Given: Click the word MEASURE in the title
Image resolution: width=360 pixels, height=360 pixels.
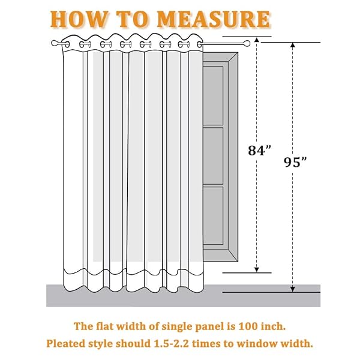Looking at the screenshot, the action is point(214,19).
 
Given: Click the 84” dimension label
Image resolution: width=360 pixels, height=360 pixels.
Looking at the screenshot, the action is point(259,151).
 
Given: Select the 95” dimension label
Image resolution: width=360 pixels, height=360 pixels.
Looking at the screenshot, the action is point(295,162).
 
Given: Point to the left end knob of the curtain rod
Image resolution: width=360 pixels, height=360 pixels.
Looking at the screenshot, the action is point(55,43).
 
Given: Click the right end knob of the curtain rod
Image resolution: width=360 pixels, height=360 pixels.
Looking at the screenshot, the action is point(247,43).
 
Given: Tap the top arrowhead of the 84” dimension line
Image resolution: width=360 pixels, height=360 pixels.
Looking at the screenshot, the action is point(257,40).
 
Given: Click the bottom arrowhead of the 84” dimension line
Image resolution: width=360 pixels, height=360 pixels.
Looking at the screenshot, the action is point(257,270).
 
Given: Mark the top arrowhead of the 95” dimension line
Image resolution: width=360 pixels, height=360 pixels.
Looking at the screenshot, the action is point(293,45).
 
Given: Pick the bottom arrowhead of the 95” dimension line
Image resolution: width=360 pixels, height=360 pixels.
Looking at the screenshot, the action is point(293,289).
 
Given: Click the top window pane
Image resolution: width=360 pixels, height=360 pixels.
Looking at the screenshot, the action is point(213,96).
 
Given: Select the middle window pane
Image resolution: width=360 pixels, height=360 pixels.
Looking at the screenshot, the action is point(213,156).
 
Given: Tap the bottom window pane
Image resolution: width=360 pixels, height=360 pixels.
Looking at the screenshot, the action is point(213,215).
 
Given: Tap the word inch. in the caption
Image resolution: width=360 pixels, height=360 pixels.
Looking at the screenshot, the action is point(274,326).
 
